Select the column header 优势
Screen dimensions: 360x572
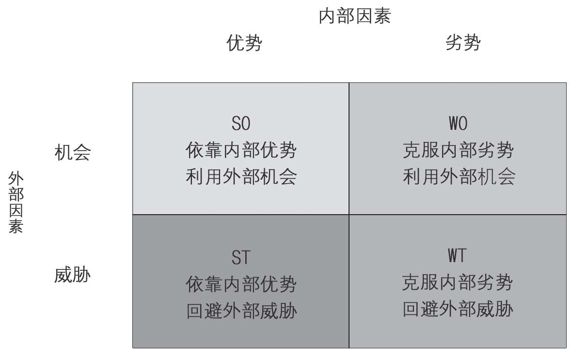click(244, 44)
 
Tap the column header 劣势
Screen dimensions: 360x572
click(463, 44)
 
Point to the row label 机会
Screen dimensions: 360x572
click(73, 153)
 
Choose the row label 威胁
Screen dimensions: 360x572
click(73, 275)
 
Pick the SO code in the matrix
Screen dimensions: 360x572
click(241, 125)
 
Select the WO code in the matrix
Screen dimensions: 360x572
click(458, 125)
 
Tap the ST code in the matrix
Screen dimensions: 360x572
click(241, 258)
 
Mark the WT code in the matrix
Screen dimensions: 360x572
click(457, 256)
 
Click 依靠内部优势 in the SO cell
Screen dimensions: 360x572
click(241, 151)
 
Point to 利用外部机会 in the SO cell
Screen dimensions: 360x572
click(241, 177)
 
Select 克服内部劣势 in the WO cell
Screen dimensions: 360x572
click(458, 151)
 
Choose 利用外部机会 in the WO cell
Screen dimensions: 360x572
click(458, 177)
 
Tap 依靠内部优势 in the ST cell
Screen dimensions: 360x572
click(241, 284)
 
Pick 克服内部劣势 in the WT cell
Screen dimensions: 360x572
click(457, 282)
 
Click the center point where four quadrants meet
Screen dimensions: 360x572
click(349, 215)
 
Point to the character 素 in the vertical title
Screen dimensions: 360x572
click(16, 226)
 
